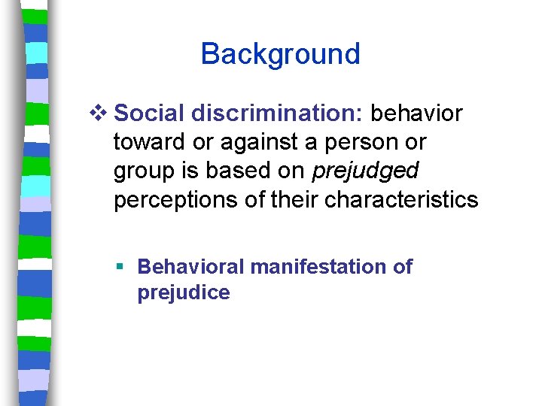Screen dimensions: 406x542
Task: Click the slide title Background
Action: click(x=280, y=54)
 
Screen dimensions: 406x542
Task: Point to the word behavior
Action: click(x=417, y=114)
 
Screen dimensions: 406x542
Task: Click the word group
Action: click(x=139, y=171)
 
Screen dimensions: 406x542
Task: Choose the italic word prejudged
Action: click(x=364, y=171)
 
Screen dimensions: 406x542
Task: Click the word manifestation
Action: click(x=319, y=267)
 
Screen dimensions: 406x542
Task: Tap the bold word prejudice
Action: click(x=183, y=292)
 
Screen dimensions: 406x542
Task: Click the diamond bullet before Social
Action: click(x=103, y=114)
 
